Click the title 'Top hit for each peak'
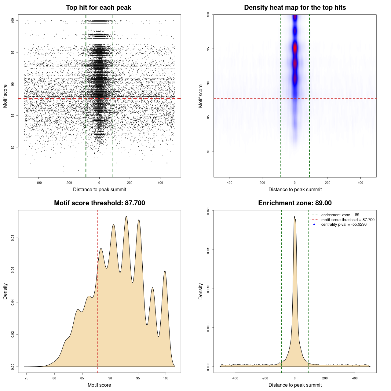(98, 8)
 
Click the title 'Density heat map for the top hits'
(295, 8)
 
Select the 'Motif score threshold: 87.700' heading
(99, 203)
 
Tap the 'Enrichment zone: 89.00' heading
(295, 203)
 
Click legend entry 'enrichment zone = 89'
(340, 215)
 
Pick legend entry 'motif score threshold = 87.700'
(348, 220)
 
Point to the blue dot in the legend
(314, 225)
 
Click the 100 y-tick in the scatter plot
(13, 20)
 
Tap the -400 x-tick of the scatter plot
(38, 183)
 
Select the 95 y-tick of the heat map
(208, 49)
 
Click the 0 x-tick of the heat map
(295, 183)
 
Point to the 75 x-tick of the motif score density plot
(27, 378)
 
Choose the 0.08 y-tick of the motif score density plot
(13, 238)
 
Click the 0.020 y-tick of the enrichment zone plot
(208, 210)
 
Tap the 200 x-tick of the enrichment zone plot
(325, 378)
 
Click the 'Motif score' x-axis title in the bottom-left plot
(99, 385)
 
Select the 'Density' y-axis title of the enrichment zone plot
(201, 291)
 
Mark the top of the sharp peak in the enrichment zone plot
(294, 217)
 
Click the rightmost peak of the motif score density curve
(165, 271)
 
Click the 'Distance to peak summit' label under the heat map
(295, 190)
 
